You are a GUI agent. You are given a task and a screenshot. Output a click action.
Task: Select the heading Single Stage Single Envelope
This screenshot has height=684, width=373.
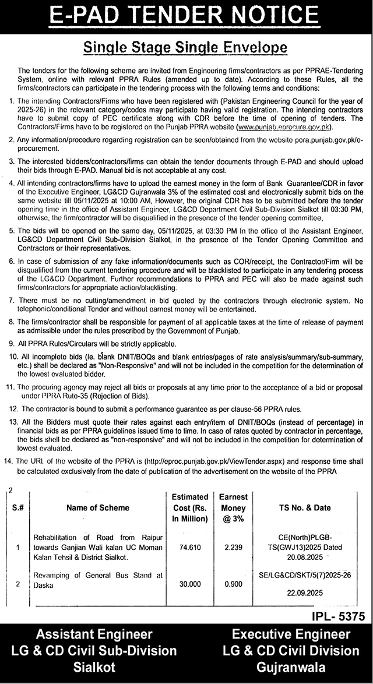(186, 47)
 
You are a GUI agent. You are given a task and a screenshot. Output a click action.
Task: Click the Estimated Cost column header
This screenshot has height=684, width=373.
(190, 507)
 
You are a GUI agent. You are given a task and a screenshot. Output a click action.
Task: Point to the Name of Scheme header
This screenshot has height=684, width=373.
(98, 508)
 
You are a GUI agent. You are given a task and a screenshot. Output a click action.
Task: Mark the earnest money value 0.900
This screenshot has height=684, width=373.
(233, 583)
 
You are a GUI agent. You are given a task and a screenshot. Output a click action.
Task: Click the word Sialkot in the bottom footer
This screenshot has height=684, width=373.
(94, 667)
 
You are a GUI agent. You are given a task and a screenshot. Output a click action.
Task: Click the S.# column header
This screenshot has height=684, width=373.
(19, 508)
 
